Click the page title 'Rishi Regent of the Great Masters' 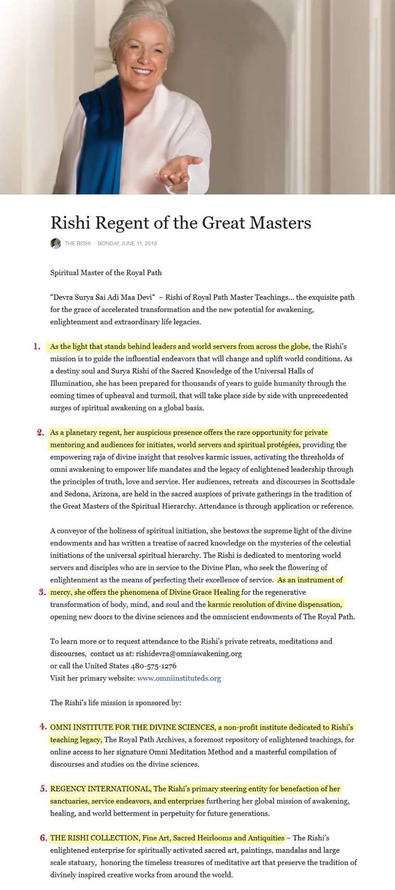180,223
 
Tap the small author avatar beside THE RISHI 56,243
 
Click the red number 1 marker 37,346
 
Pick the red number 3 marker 43,592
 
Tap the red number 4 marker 43,727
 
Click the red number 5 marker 44,789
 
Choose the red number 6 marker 44,838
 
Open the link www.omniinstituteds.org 179,678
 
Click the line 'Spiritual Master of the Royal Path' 106,273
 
